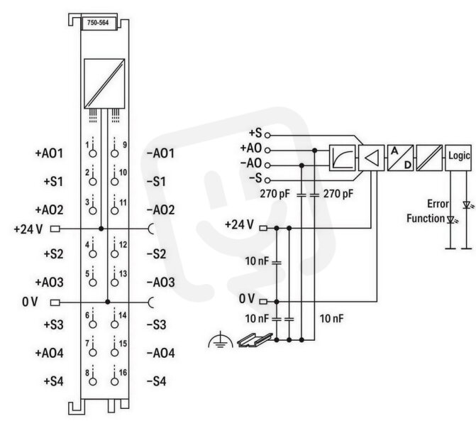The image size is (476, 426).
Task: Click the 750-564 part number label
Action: tap(98, 23)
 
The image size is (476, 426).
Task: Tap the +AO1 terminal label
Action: tap(49, 153)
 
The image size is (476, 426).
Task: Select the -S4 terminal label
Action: tap(157, 381)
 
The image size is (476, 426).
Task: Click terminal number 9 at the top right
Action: tap(125, 145)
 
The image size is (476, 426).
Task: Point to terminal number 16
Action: tap(123, 373)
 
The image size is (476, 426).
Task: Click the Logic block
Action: tap(458, 158)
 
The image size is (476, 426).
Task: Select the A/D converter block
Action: tap(400, 158)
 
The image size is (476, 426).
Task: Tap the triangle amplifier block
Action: tap(372, 158)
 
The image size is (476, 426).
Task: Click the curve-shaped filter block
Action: tap(343, 158)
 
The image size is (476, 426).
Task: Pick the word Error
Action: tap(438, 204)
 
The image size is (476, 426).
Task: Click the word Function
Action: tap(426, 218)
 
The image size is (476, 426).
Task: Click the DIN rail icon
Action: tap(255, 340)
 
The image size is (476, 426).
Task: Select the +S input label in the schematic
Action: tap(255, 133)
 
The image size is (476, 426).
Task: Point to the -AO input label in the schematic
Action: tap(251, 163)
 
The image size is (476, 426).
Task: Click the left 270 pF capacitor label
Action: tap(275, 194)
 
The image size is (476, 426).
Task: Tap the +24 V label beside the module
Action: tap(28, 229)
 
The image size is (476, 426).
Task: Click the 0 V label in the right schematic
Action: tap(246, 298)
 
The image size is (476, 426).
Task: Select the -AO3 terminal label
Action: tap(161, 283)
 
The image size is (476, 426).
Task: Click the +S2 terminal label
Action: tap(54, 253)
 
